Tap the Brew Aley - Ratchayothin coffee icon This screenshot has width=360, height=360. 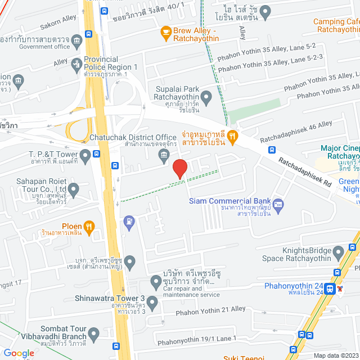click(166, 32)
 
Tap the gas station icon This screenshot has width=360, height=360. click(129, 222)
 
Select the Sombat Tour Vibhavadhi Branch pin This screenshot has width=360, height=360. click(93, 335)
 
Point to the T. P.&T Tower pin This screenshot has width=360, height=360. click(85, 154)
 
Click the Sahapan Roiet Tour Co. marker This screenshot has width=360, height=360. click(74, 191)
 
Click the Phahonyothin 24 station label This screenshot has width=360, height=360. click(294, 285)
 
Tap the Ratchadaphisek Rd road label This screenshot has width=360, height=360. click(304, 172)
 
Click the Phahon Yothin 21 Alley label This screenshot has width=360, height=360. click(211, 309)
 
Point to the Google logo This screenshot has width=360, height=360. click(18, 353)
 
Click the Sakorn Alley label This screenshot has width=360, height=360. click(57, 19)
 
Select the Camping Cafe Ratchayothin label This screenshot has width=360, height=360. click(336, 25)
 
